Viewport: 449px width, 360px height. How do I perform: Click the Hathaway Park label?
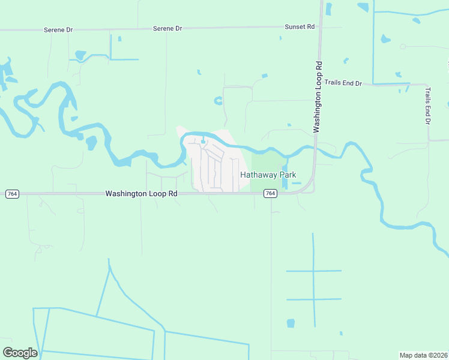(268, 175)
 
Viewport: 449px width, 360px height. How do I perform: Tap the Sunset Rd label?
(300, 27)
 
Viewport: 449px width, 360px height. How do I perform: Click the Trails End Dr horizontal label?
(343, 83)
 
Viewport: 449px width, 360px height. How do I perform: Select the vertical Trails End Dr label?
(428, 106)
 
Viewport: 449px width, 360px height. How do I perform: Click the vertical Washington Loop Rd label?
(318, 97)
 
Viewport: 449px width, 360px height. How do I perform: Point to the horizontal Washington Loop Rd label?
(142, 194)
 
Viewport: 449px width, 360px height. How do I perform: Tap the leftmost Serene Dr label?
(58, 29)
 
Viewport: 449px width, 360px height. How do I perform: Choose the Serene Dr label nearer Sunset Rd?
(167, 28)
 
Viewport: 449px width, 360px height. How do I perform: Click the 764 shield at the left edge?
(12, 194)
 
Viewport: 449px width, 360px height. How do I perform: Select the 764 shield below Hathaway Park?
(271, 193)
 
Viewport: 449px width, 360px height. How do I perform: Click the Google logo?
(20, 353)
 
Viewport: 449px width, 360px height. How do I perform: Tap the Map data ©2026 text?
(423, 355)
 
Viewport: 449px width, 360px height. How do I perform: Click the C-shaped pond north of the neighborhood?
(217, 101)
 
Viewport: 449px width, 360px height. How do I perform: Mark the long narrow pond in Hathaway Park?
(285, 174)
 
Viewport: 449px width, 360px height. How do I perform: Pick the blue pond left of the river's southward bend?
(92, 143)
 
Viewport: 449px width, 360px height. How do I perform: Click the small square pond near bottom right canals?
(291, 323)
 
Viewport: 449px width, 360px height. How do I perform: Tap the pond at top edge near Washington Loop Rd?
(328, 8)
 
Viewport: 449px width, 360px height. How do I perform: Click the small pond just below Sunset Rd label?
(280, 38)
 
